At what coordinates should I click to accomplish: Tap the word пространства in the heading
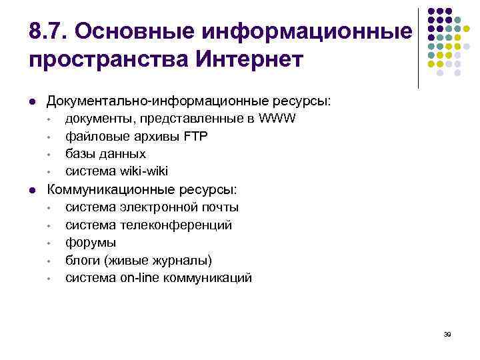tap(109, 59)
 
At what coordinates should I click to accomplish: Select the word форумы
tap(91, 243)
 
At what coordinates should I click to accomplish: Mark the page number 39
tap(447, 334)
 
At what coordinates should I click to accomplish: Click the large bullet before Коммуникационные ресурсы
tap(33, 190)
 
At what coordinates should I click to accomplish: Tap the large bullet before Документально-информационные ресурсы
tap(33, 102)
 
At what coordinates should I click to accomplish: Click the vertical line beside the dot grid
tap(418, 48)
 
